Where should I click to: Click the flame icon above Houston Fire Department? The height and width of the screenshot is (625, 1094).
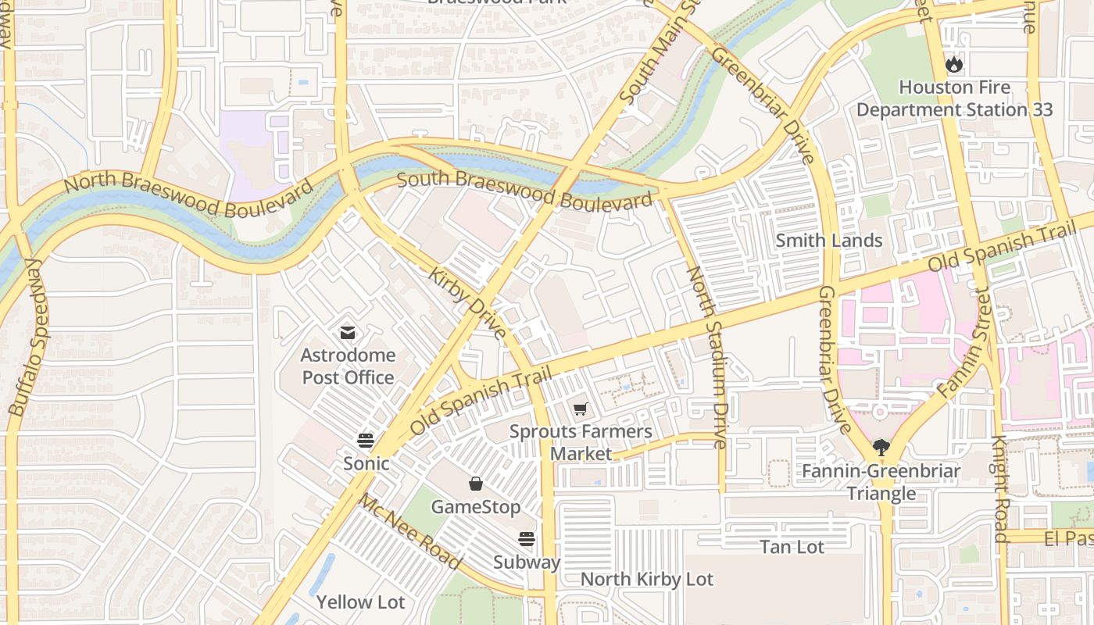pyautogui.click(x=954, y=64)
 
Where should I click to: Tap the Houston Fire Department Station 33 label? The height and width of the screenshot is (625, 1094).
pyautogui.click(x=954, y=98)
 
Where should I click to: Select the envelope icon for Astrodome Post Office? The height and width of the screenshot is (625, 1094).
pyautogui.click(x=348, y=333)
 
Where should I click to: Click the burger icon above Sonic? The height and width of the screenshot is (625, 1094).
pyautogui.click(x=366, y=440)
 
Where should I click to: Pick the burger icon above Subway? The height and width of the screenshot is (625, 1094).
pyautogui.click(x=527, y=539)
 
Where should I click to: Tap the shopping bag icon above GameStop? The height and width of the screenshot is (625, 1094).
pyautogui.click(x=475, y=484)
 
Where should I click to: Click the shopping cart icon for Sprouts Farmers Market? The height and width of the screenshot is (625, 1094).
pyautogui.click(x=580, y=409)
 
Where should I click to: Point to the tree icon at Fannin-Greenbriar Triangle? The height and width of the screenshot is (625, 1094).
pyautogui.click(x=881, y=448)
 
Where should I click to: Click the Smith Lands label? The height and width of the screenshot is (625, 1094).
pyautogui.click(x=828, y=241)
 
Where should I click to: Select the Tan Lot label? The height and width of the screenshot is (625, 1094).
pyautogui.click(x=792, y=547)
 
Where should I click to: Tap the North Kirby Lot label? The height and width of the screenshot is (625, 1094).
pyautogui.click(x=647, y=579)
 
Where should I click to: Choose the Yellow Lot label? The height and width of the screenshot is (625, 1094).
pyautogui.click(x=360, y=602)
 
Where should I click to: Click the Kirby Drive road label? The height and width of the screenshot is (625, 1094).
pyautogui.click(x=467, y=303)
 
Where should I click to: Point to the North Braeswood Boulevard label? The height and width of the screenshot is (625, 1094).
pyautogui.click(x=188, y=195)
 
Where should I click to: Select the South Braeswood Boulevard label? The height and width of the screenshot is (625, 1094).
pyautogui.click(x=524, y=190)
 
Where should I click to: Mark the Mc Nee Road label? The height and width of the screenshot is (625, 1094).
pyautogui.click(x=409, y=531)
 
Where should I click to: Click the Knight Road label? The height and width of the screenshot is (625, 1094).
pyautogui.click(x=1000, y=488)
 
